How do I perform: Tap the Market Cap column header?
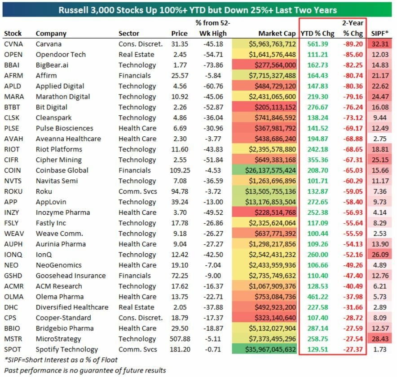(277, 34)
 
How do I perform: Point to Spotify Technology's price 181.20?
(179, 349)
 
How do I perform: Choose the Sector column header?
(129, 34)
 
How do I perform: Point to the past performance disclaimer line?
(85, 370)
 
